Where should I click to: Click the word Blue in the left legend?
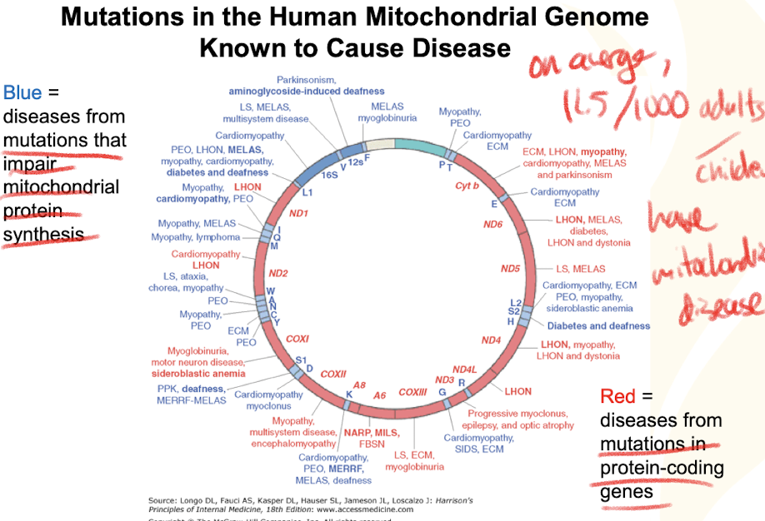tap(21, 92)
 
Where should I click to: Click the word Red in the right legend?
tap(617, 396)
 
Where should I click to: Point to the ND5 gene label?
tap(510, 268)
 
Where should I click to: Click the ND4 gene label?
tap(491, 340)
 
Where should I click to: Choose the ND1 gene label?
tap(299, 214)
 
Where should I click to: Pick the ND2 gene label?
tap(277, 273)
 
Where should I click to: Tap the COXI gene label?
tap(297, 339)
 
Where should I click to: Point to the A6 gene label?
tap(379, 394)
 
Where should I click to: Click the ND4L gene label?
tap(463, 369)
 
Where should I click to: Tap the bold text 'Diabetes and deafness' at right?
tap(598, 325)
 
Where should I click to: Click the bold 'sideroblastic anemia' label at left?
tap(199, 374)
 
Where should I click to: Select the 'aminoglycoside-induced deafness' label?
tap(307, 91)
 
